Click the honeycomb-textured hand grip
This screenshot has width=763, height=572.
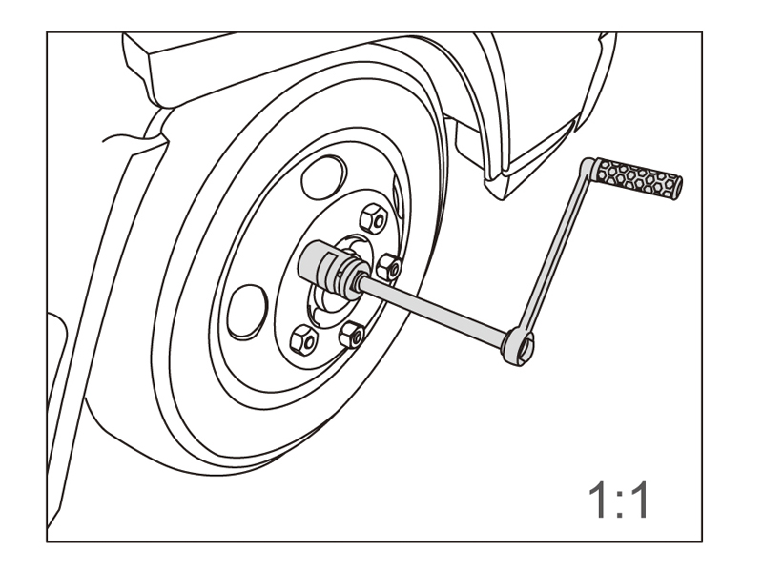[639, 178]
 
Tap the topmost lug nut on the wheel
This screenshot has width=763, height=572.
[376, 220]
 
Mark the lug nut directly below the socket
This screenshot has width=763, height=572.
[353, 333]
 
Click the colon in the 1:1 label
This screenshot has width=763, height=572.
[618, 500]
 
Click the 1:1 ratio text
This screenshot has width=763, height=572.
[617, 500]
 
